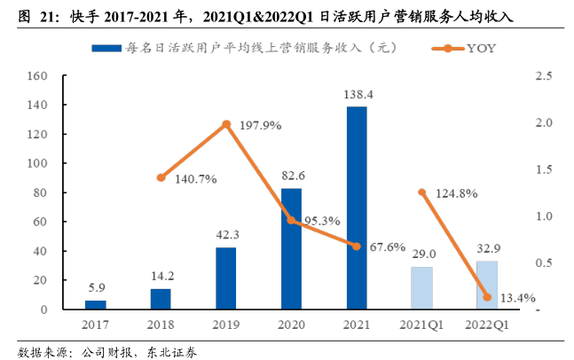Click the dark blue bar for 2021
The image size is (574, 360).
(356, 207)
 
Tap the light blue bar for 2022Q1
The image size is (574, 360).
(486, 285)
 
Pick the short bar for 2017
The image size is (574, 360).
(95, 304)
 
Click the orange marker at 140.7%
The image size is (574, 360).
(161, 177)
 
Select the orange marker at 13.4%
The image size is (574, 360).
(486, 297)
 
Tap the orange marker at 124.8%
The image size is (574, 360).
(421, 192)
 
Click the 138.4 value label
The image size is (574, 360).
(356, 93)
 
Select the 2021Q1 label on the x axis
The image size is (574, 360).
(421, 326)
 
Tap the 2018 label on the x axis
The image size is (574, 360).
(161, 326)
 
